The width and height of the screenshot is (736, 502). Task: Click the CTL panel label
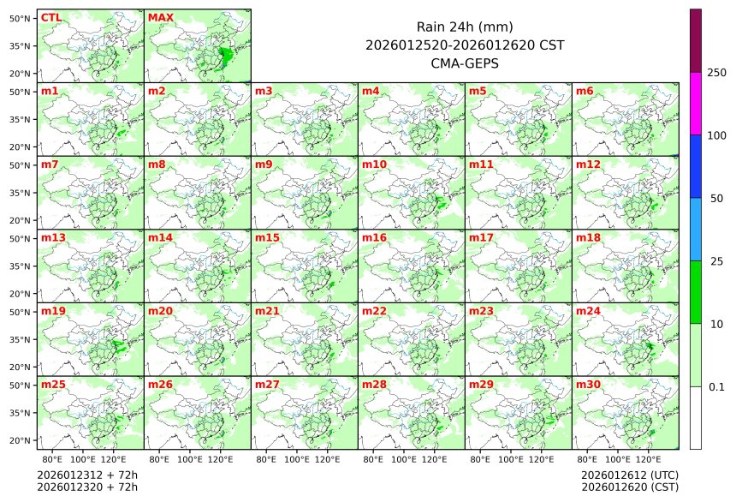(50, 17)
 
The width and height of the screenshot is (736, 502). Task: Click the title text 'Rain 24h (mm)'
(464, 27)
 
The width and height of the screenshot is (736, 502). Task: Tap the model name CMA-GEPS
(464, 63)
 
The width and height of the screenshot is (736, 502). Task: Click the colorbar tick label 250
(716, 73)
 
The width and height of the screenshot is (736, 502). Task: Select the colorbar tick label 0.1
(716, 387)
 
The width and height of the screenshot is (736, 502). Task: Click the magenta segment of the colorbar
(696, 103)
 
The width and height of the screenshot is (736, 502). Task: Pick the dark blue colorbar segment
(696, 166)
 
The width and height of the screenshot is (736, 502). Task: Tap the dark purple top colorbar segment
(696, 40)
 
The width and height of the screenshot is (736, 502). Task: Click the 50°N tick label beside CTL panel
(21, 18)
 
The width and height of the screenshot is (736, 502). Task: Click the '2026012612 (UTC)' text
(629, 475)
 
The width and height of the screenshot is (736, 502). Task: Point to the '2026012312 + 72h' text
(87, 475)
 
